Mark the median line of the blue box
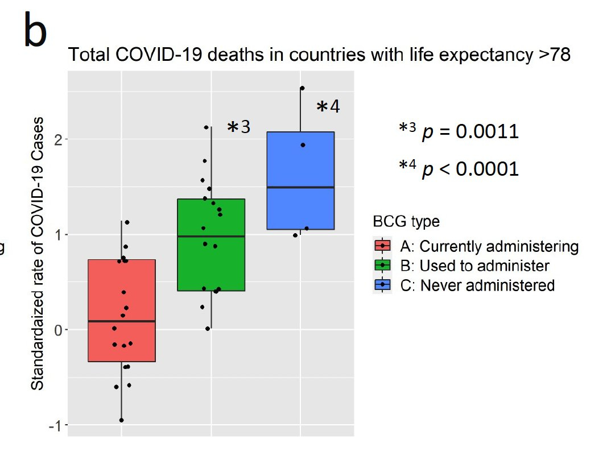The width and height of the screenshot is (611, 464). point(300,187)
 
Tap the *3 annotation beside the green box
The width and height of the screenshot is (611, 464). point(238,127)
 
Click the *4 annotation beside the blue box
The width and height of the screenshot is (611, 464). point(328,106)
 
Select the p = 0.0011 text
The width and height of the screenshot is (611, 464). point(470,132)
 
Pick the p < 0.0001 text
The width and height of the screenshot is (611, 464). point(470,169)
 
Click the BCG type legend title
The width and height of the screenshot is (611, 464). point(406,221)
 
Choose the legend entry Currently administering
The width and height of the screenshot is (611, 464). point(489,247)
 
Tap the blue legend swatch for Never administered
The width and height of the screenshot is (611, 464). point(382,284)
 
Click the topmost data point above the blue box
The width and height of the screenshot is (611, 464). point(302,88)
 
